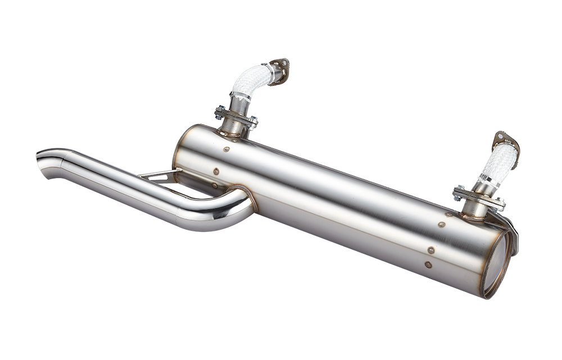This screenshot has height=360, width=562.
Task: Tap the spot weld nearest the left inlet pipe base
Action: tap(226, 149)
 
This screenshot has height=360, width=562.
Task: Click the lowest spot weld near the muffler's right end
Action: tap(428, 264)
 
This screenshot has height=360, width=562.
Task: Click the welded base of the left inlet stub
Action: tap(232, 133)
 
